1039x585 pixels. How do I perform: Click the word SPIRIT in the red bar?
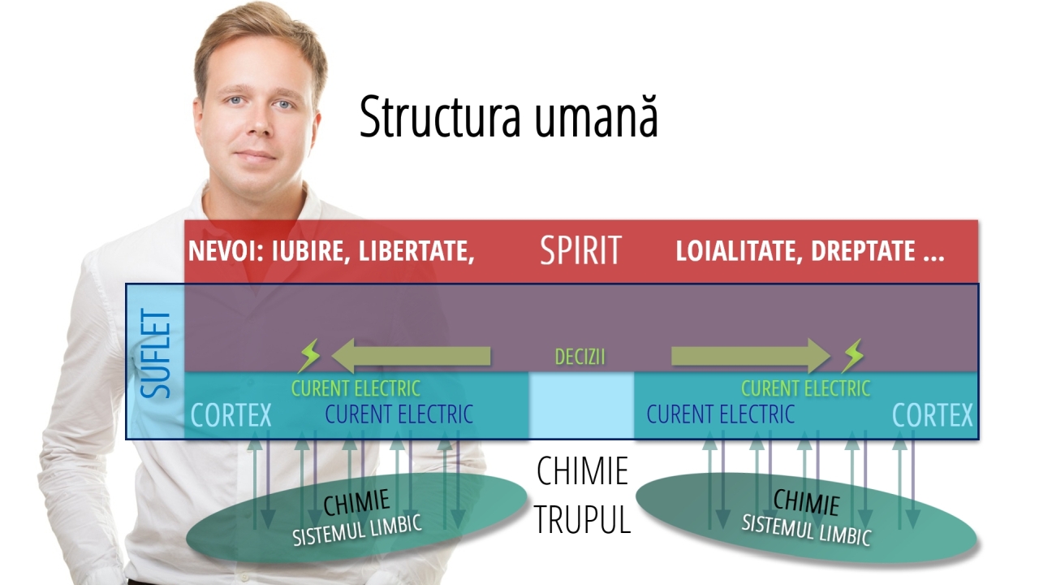click(x=580, y=251)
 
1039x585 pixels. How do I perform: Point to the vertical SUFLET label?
click(x=157, y=354)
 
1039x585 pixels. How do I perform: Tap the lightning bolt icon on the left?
click(x=310, y=356)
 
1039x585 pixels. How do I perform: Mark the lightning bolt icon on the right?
click(x=852, y=356)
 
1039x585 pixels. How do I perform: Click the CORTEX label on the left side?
click(x=231, y=416)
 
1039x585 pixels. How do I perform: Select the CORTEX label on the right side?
click(x=932, y=416)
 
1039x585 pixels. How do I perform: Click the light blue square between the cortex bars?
click(x=581, y=405)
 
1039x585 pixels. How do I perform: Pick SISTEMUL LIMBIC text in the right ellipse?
click(x=805, y=531)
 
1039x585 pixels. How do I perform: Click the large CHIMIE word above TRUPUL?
click(x=582, y=471)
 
